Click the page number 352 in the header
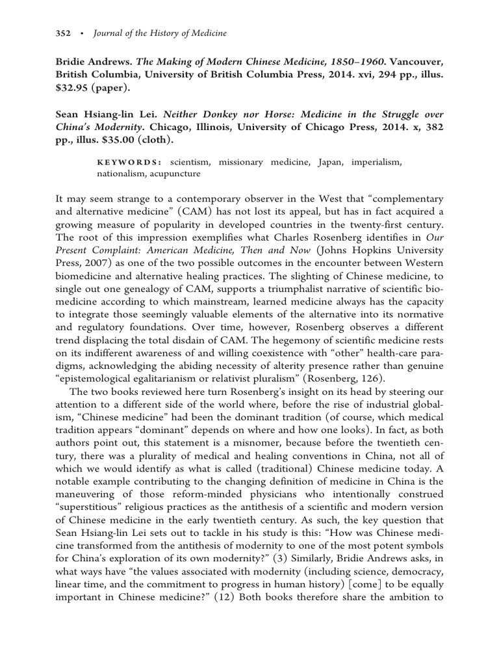[x=55, y=18]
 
